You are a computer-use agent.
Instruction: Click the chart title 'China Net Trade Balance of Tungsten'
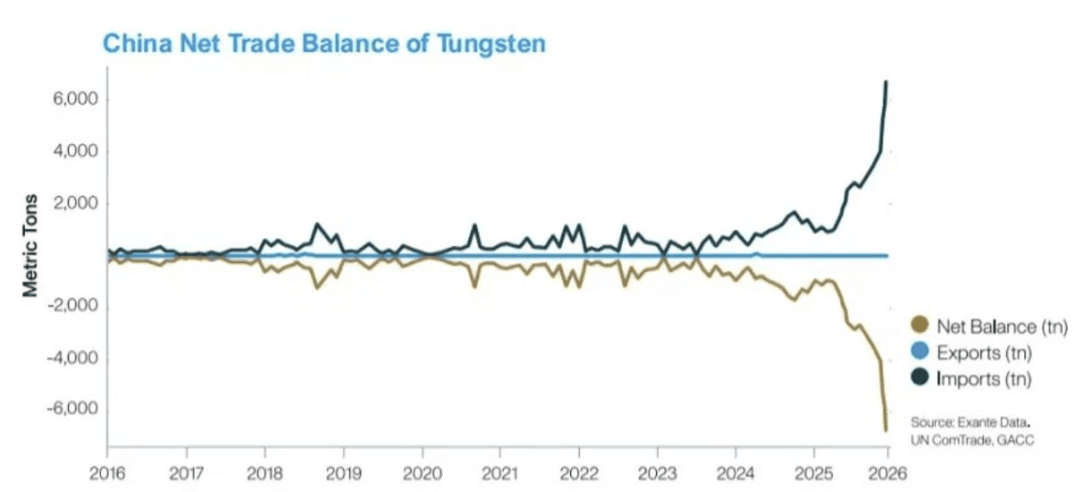click(x=323, y=44)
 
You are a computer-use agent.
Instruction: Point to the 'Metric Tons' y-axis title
click(x=30, y=244)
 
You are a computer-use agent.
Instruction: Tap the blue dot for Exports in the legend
click(x=917, y=352)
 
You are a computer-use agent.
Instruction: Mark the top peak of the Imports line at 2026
click(x=886, y=82)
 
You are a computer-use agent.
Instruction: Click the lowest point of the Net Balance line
click(x=886, y=430)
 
